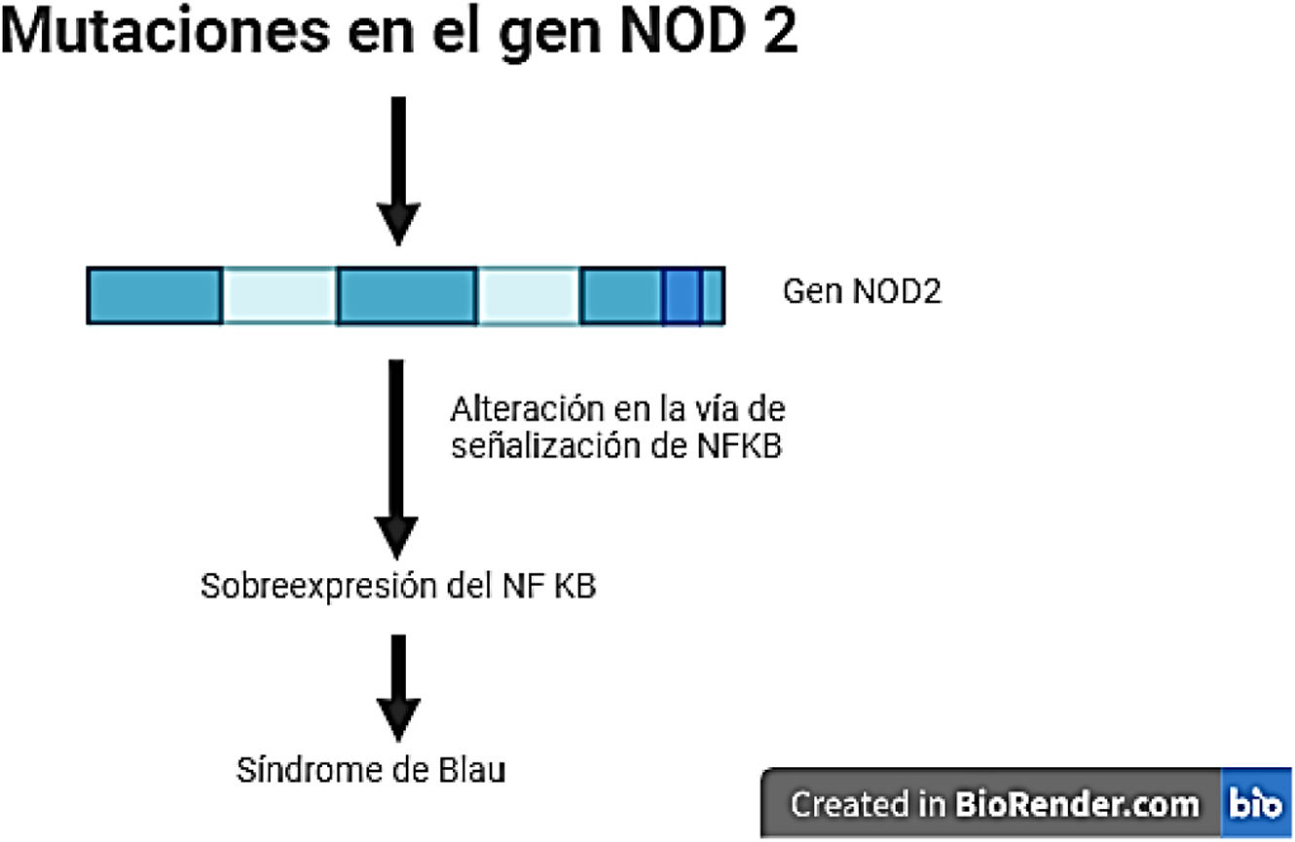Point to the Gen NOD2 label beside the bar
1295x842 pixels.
coord(862,293)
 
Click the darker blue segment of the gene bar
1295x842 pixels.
coord(682,294)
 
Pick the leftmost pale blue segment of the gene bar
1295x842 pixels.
coord(280,294)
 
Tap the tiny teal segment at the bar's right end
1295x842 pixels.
coord(712,294)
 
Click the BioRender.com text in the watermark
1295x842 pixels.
coord(1077,805)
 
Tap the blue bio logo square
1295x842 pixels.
coord(1255,805)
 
